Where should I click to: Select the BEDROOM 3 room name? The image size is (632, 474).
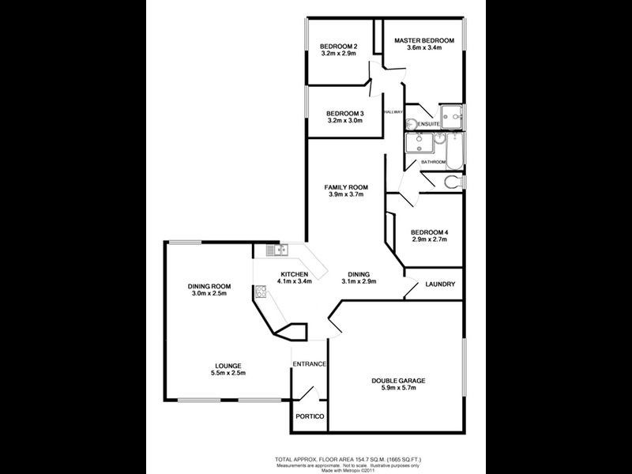344,114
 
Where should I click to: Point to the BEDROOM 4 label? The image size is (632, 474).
430,231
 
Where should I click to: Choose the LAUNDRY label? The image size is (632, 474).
440,284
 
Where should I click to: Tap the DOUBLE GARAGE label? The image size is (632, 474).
398,382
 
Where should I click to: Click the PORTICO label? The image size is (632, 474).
310,416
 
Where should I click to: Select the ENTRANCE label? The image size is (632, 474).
310,363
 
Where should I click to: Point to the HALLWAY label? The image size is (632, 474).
393,112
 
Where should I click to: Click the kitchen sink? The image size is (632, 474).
276,250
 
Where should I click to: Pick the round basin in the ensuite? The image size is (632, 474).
411,123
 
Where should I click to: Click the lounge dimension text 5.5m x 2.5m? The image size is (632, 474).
227,374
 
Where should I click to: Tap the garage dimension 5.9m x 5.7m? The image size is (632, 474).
398,389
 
